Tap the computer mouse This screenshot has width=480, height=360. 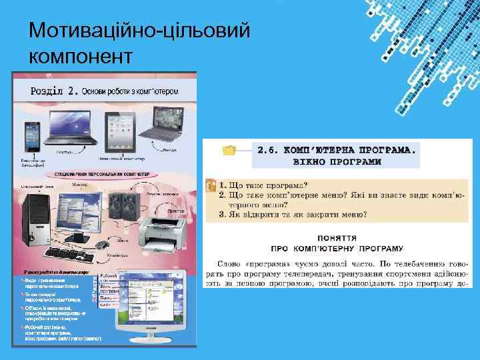103,245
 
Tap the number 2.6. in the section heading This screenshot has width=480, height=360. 271,150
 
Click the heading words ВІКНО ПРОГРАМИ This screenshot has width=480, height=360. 339,161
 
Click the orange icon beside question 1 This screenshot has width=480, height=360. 210,185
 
